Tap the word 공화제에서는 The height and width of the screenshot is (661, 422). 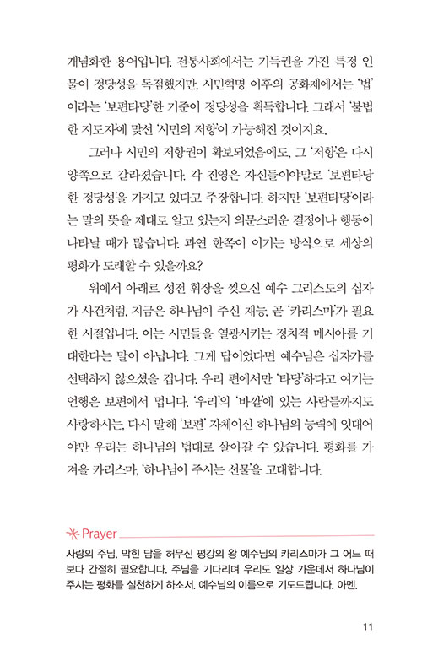tap(296, 85)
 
